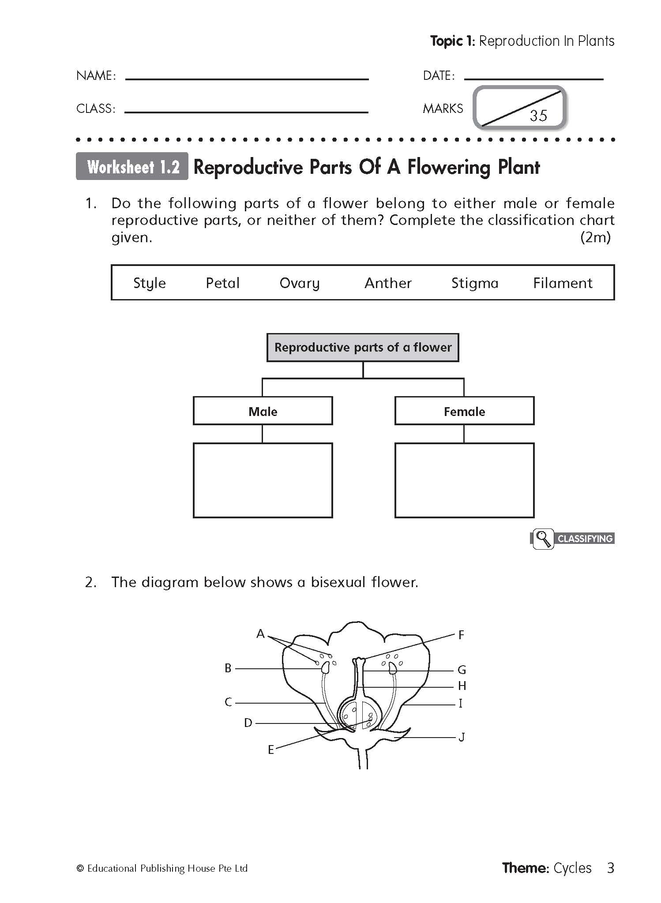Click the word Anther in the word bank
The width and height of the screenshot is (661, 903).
point(388,283)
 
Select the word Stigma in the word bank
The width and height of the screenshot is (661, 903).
point(475,283)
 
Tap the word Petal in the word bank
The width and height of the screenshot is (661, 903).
point(223,283)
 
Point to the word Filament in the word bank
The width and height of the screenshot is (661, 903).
point(563,283)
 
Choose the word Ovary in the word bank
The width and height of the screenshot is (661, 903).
point(300,283)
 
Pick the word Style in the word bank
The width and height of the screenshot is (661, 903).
point(150,283)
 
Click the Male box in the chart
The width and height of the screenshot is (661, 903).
point(263,411)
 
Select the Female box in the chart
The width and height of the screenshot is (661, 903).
point(464,411)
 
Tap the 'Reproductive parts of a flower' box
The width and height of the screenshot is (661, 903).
point(363,348)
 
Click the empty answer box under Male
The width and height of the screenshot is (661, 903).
point(263,480)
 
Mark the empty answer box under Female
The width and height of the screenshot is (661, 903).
point(464,480)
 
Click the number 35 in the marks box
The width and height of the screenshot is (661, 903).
point(538,116)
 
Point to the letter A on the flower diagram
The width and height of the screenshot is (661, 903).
point(260,634)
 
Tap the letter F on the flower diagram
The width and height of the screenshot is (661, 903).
point(461,635)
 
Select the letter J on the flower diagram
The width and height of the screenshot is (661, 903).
point(462,737)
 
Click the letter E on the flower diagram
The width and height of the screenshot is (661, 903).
point(271,749)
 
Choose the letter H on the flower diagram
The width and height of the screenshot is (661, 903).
point(462,686)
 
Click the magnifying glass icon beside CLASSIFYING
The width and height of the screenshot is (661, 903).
point(543,539)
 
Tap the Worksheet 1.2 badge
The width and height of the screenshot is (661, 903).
point(132,167)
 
